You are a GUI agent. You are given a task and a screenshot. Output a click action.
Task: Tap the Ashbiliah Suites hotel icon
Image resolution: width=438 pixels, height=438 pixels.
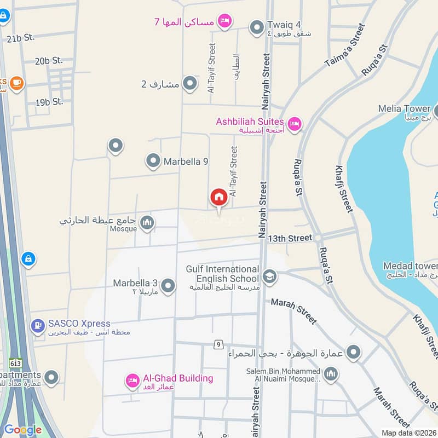coord(295,125)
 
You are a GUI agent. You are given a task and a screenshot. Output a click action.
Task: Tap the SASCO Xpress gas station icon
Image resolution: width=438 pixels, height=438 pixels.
coord(37,327)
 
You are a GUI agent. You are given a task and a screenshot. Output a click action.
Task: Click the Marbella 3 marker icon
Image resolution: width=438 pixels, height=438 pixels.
coord(168,286)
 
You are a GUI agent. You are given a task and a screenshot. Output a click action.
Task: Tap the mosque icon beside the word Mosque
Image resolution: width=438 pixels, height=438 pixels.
coord(147,222)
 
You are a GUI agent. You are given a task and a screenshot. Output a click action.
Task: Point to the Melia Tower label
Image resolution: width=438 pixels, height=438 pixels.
coord(404,109)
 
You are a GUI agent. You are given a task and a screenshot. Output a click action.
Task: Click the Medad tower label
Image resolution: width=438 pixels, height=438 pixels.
coord(408,266)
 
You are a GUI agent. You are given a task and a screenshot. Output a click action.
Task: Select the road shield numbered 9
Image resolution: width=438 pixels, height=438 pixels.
coord(219,344)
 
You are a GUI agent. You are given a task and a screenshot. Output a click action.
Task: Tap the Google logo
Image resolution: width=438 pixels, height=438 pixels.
coord(22,430)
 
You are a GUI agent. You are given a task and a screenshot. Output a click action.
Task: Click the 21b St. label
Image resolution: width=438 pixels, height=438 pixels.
coord(21,37)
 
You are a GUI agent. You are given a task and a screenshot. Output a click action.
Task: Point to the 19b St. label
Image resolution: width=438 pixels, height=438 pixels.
coord(49,102)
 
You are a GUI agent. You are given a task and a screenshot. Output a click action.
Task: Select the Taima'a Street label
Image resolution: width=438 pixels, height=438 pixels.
coord(345,45)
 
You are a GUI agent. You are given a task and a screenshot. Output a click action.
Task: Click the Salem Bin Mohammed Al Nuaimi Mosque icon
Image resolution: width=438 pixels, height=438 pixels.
coord(330,375)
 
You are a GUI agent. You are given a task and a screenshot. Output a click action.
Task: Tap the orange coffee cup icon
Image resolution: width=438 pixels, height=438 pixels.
coord(16,83)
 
